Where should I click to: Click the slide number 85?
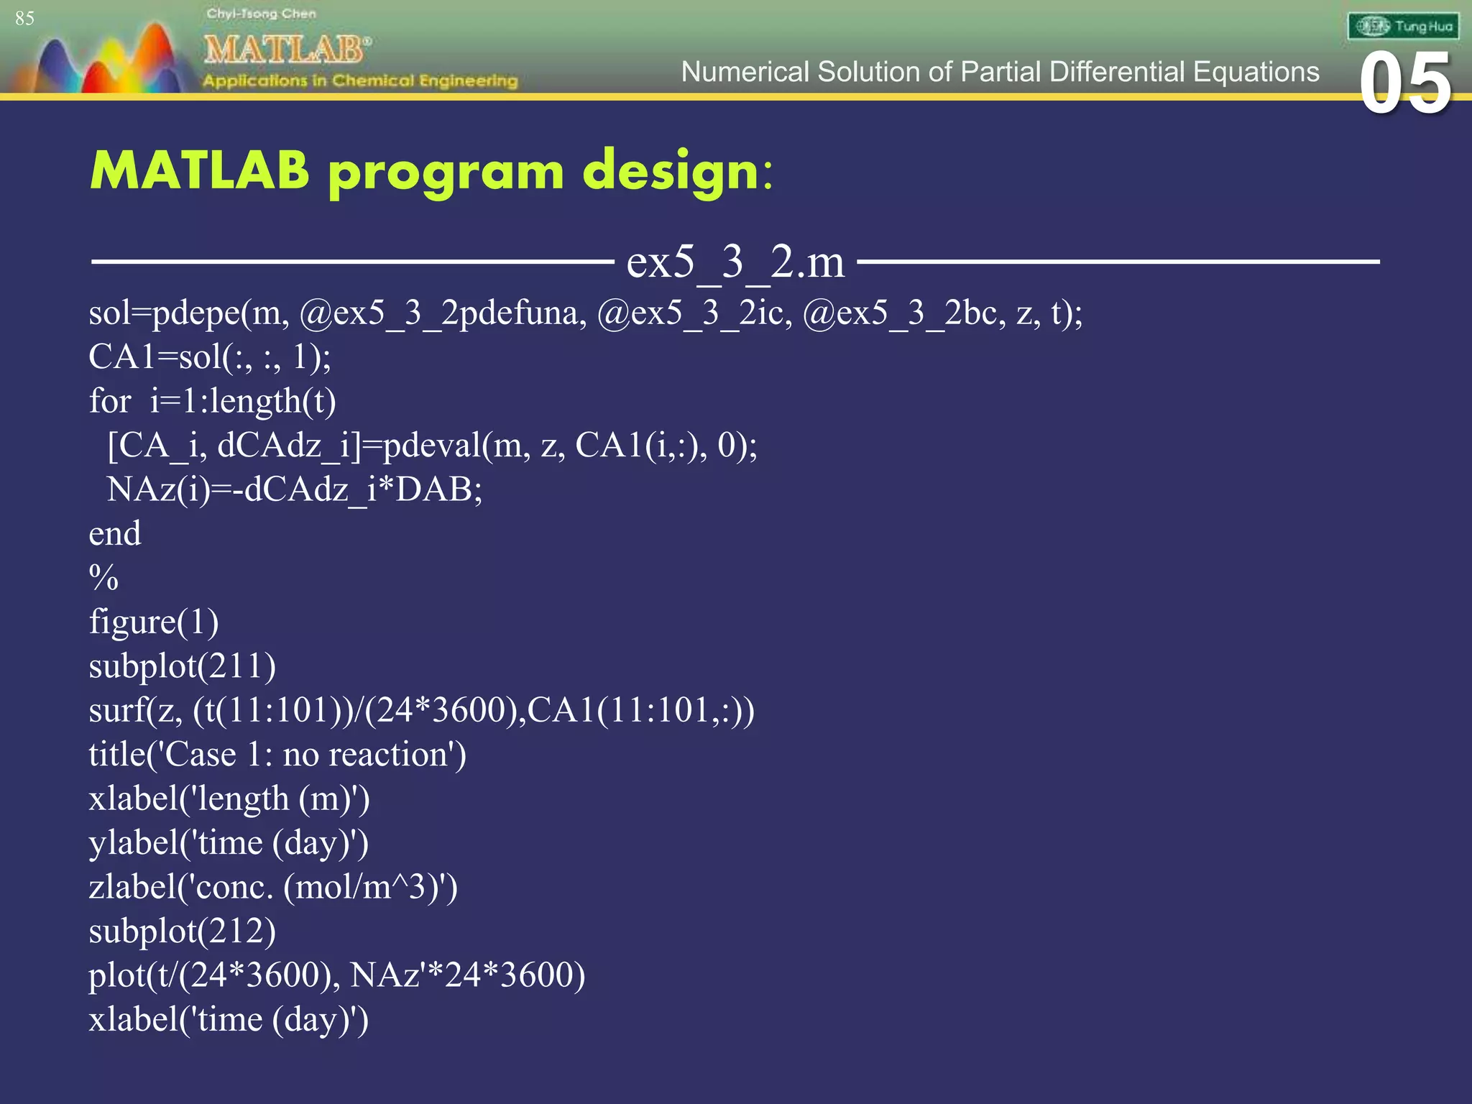pos(24,18)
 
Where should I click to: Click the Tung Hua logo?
pos(1403,27)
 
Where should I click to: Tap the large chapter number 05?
pos(1405,83)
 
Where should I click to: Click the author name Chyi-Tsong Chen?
pos(261,14)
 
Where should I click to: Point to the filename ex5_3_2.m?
pos(735,262)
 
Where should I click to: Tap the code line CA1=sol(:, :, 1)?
pos(209,357)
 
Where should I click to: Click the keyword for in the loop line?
pos(109,401)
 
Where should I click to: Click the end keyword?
pos(114,534)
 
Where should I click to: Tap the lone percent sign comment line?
pos(103,578)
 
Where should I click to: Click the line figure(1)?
pos(153,622)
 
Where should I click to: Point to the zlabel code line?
pos(273,888)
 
